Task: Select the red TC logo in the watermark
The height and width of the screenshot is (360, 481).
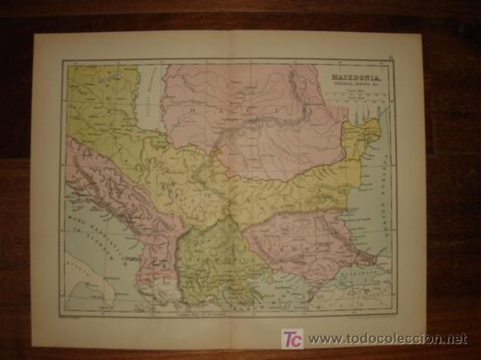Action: [x=293, y=337]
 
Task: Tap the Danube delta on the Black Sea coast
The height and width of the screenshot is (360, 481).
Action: [x=372, y=131]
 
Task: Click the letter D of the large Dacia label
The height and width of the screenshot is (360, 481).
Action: [x=190, y=110]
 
